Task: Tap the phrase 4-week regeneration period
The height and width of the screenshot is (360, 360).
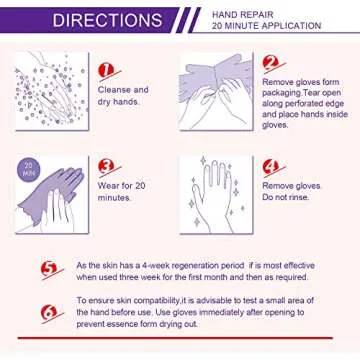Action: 182,264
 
